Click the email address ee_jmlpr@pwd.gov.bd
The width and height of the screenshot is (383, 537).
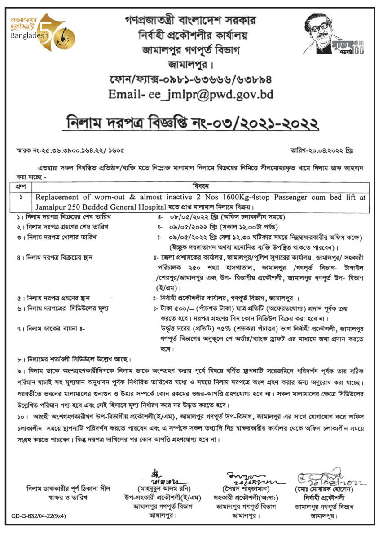[213, 95]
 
